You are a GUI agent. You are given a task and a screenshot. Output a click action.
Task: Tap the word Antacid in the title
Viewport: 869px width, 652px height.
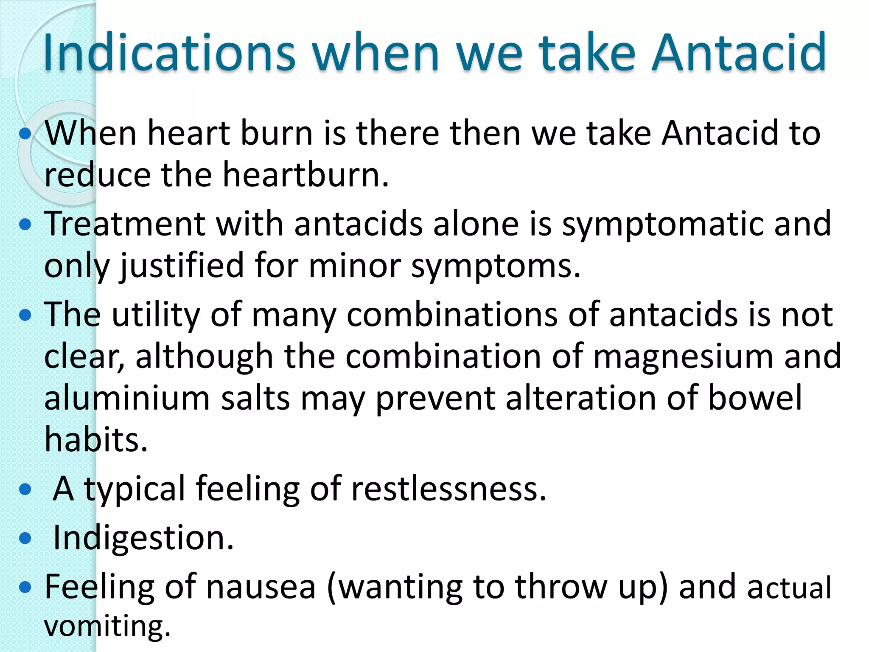click(739, 53)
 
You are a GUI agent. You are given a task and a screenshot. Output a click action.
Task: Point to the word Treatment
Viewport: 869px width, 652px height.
click(125, 224)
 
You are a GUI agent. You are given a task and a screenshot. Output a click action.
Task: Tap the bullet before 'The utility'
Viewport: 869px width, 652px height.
click(25, 315)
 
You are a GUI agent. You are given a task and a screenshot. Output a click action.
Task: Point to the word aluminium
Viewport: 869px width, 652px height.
click(127, 398)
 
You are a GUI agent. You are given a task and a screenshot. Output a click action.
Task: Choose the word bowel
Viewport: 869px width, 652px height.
click(755, 398)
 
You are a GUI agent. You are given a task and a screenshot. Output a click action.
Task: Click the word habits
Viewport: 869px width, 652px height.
click(96, 439)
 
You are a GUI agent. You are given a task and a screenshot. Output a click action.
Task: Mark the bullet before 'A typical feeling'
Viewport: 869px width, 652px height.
click(25, 489)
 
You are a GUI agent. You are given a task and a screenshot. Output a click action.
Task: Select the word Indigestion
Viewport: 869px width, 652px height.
click(143, 538)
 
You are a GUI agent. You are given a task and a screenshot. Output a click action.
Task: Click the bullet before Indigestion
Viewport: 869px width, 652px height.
click(25, 539)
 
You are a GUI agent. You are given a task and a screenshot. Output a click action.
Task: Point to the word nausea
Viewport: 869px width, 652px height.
click(261, 587)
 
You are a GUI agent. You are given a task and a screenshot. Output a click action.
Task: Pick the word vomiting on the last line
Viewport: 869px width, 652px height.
click(107, 626)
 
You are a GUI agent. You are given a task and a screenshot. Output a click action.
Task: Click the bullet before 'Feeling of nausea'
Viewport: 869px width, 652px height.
click(25, 587)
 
